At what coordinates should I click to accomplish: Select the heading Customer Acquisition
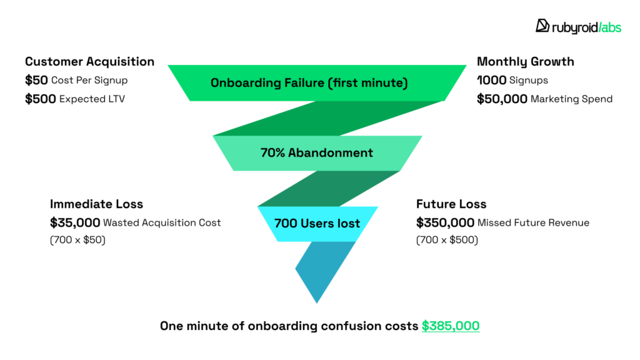pyautogui.click(x=90, y=62)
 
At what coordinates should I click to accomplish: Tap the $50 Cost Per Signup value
pyautogui.click(x=36, y=80)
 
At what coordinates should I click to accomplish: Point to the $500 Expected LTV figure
pyautogui.click(x=41, y=99)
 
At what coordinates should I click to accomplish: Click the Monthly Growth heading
pyautogui.click(x=526, y=62)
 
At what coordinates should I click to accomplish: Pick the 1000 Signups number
pyautogui.click(x=492, y=80)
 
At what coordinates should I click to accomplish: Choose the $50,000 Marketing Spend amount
pyautogui.click(x=502, y=99)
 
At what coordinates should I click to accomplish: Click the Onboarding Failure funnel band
pyautogui.click(x=317, y=83)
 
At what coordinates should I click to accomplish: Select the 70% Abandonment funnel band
pyautogui.click(x=317, y=153)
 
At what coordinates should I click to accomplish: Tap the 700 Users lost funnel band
pyautogui.click(x=317, y=224)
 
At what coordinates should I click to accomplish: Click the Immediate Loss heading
pyautogui.click(x=97, y=204)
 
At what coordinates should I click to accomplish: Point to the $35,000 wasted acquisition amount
pyautogui.click(x=75, y=223)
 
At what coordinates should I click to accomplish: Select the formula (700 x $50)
pyautogui.click(x=77, y=240)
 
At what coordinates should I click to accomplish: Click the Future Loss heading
pyautogui.click(x=451, y=204)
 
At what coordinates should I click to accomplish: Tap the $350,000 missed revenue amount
pyautogui.click(x=445, y=223)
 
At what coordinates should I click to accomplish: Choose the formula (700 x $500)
pyautogui.click(x=447, y=240)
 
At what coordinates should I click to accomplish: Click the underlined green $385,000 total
pyautogui.click(x=451, y=326)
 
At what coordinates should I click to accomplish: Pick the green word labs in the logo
pyautogui.click(x=611, y=27)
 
